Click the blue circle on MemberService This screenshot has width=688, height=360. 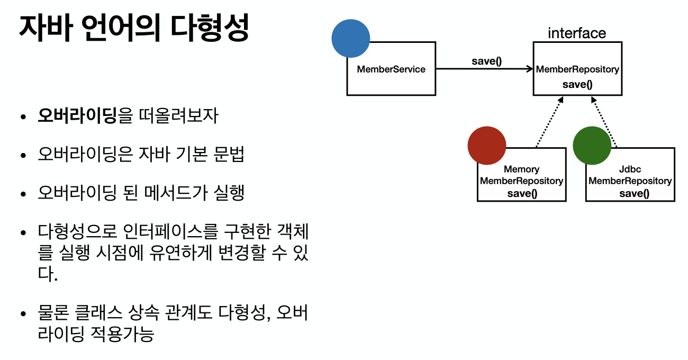point(350,38)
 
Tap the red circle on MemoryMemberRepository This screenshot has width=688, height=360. point(487,145)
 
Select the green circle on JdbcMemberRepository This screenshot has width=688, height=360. point(592,145)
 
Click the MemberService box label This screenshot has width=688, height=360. point(391,69)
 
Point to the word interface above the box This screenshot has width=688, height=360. point(577,33)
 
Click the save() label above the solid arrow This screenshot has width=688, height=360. point(486,61)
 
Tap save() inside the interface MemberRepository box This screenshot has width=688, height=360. point(577,84)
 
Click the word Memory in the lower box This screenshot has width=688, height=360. point(521,169)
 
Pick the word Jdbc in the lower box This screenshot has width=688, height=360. point(630,169)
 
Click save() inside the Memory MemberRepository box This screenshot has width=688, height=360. point(522,193)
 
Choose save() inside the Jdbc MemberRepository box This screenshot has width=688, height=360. point(634,193)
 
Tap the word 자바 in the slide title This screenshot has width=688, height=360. point(46,29)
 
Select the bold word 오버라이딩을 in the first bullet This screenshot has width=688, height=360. point(85,116)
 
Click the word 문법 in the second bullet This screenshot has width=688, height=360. point(230,154)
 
